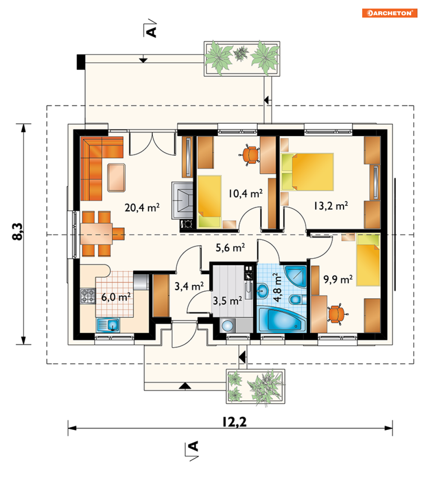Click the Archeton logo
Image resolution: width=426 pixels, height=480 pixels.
tap(389, 13)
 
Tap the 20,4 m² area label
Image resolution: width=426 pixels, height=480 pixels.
tap(142, 208)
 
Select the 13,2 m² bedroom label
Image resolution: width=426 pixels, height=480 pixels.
tap(331, 206)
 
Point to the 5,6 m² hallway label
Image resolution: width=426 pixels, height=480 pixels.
tap(230, 248)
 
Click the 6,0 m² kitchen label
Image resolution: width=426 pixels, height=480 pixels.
tap(116, 297)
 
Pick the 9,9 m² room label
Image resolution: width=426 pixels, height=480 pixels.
tap(338, 279)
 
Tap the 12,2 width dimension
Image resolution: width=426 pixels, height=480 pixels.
tap(234, 422)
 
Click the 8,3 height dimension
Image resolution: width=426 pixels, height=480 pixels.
tap(18, 232)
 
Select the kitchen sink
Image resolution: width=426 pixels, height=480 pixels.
tap(108, 325)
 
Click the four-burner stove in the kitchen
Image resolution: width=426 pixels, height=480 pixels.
tap(88, 296)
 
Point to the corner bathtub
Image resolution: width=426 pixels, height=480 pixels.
tap(282, 320)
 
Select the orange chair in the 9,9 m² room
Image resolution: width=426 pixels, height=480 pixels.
tap(337, 314)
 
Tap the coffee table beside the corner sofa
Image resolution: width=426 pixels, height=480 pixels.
tap(116, 178)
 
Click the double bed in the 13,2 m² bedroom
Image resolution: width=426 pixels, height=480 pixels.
tap(307, 172)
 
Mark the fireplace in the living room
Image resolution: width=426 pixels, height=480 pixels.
tap(182, 200)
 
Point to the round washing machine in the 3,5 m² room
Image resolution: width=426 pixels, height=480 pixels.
tap(228, 326)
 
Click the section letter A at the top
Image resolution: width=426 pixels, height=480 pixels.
tap(152, 32)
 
